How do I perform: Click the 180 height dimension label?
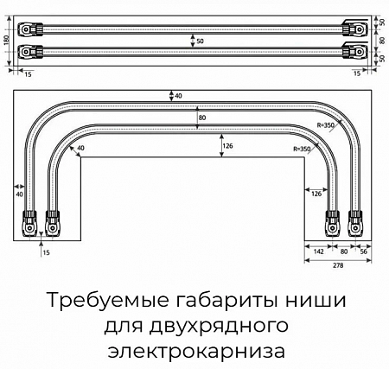(7, 40)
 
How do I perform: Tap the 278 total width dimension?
(338, 265)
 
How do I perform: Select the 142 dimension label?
(318, 251)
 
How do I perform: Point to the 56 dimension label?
(364, 251)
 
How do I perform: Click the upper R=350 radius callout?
(326, 125)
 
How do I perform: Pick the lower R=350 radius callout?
(302, 149)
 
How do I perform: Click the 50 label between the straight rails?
(200, 41)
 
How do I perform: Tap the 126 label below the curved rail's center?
(227, 146)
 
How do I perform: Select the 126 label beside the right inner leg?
(316, 194)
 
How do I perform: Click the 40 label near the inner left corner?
(81, 148)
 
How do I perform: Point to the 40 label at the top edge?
(178, 96)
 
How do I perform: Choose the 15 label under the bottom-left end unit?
(46, 253)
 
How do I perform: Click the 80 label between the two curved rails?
(202, 118)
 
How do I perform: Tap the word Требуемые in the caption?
(108, 301)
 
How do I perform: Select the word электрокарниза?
(196, 351)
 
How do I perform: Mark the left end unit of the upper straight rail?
(30, 29)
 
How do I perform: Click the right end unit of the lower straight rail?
(354, 51)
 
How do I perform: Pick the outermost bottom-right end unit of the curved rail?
(354, 224)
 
